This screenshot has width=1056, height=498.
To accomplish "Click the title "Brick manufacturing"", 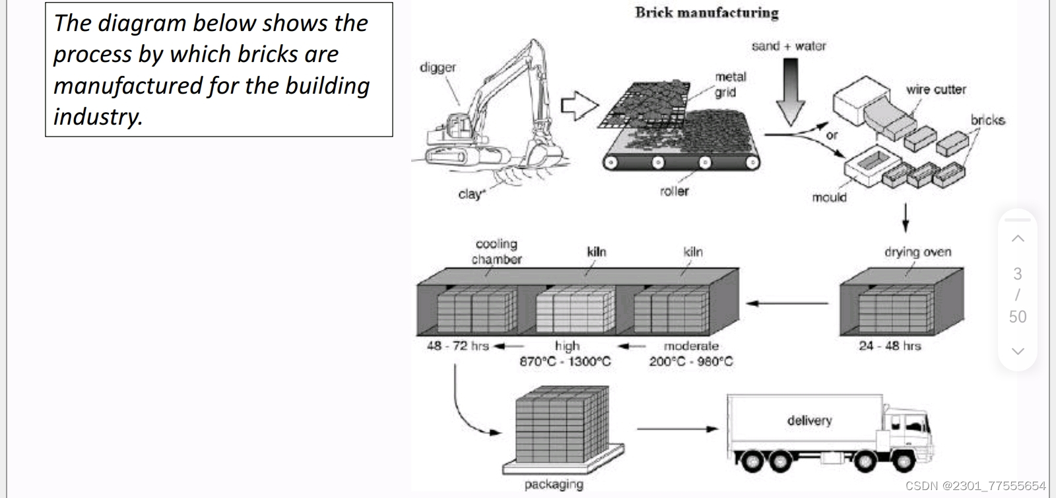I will tap(706, 13).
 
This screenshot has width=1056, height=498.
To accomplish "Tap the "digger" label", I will tap(438, 67).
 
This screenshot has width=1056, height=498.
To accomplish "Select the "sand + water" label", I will tap(788, 46).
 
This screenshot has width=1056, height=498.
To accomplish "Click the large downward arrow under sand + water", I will tap(789, 92).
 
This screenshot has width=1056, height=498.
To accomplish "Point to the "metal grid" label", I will tap(730, 84).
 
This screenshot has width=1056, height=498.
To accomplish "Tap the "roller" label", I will tap(674, 191).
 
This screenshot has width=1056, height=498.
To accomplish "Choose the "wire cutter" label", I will tap(935, 89).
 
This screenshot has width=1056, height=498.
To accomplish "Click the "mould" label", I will tap(829, 197).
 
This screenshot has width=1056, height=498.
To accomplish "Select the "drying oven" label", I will tap(917, 252).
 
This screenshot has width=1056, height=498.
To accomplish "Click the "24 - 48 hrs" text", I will tap(890, 346).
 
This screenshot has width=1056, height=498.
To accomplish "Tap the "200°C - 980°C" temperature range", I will tap(690, 361).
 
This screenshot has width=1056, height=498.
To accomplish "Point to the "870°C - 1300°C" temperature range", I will tap(565, 361).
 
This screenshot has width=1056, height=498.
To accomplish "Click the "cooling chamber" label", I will tap(496, 252).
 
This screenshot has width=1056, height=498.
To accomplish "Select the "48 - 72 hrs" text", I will tap(457, 346).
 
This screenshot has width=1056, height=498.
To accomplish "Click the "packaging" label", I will tap(554, 484).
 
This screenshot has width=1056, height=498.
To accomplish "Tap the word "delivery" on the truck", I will tap(809, 420).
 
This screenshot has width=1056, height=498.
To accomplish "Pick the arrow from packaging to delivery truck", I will tap(677, 429).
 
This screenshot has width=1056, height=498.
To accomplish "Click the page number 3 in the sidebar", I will tap(1017, 274).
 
